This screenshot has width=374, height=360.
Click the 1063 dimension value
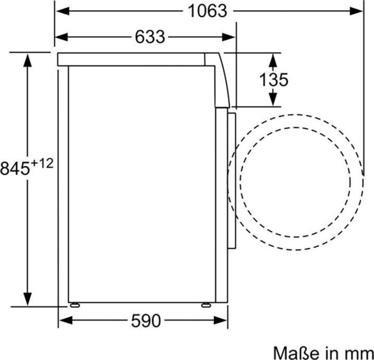coord(207,11)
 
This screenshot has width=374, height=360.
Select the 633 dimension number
coord(150,37)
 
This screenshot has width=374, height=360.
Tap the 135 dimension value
coord(273,80)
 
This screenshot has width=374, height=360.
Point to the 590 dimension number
coord(146,320)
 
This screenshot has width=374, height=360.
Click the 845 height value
coord(15,169)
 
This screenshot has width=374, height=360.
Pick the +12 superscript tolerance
coord(42,164)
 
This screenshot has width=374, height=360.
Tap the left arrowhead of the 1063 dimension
coord(63,11)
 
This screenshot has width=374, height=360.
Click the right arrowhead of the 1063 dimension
coord(356,11)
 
